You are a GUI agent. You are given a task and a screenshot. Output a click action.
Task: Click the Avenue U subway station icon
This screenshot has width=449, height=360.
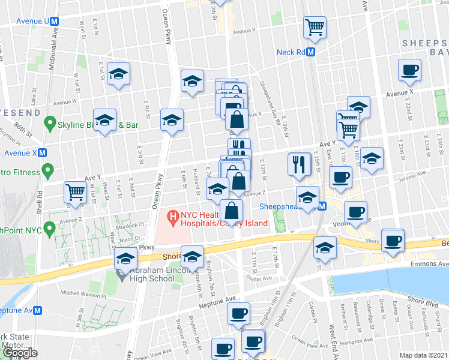55,20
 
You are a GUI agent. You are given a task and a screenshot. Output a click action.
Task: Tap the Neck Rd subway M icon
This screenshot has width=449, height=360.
311,52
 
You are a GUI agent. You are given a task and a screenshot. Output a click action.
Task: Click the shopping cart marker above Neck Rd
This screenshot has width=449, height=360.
315,27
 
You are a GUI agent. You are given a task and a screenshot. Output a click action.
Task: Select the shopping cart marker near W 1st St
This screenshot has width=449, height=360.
75,192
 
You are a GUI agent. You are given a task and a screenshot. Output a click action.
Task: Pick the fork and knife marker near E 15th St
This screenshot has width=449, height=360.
299,164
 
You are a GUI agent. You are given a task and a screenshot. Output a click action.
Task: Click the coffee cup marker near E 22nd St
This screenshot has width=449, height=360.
409,70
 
